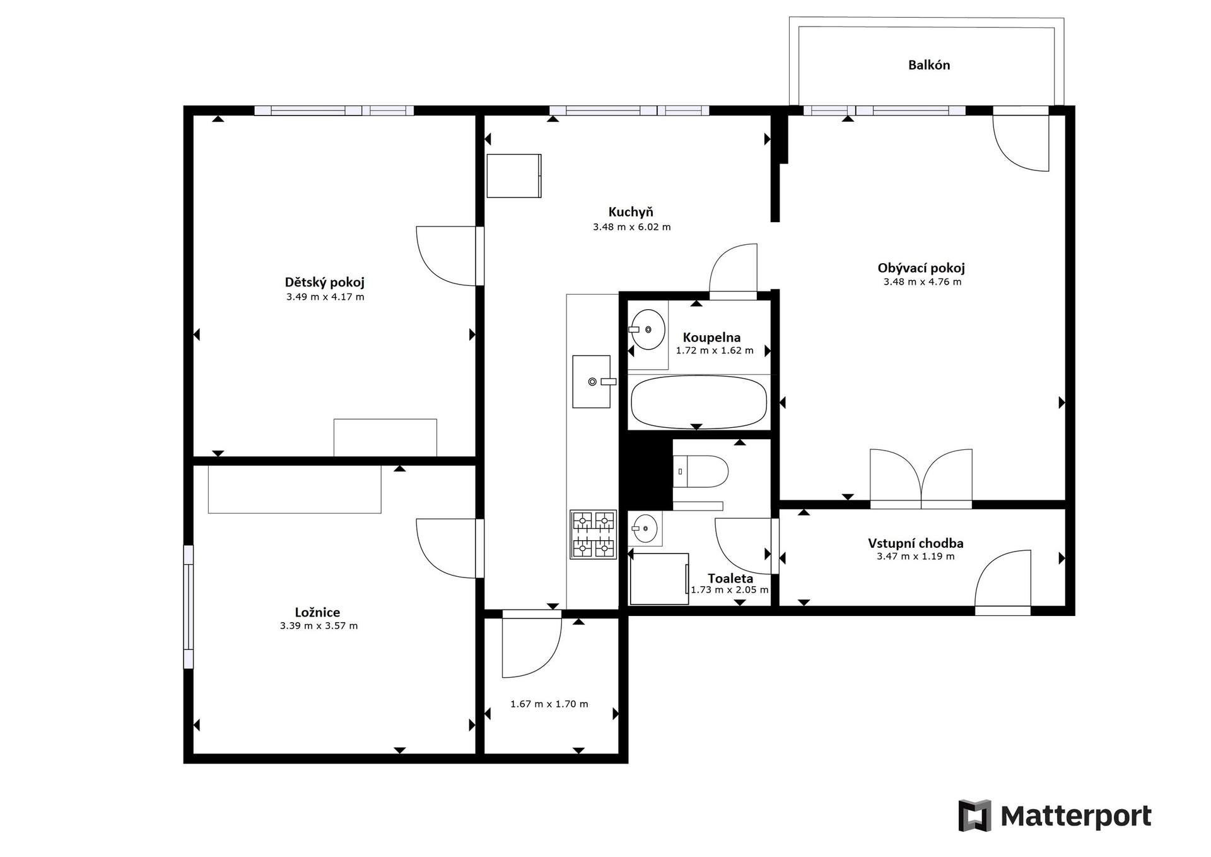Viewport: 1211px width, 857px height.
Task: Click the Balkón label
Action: tap(928, 65)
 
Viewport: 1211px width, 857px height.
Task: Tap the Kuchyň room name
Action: tap(631, 212)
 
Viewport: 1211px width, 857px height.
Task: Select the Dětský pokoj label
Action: tap(325, 283)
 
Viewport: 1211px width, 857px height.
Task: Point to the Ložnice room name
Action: tap(317, 612)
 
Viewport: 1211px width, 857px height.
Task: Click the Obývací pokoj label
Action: tap(921, 268)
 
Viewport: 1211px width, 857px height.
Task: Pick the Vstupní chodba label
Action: tap(916, 543)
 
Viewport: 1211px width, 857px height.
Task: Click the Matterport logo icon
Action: tap(975, 815)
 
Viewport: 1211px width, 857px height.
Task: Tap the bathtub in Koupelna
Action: tap(699, 402)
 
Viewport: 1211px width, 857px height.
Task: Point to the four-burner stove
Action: tap(593, 535)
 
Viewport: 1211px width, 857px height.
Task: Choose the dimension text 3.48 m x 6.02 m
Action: tap(631, 227)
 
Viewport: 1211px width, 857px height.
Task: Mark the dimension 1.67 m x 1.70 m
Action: tap(549, 704)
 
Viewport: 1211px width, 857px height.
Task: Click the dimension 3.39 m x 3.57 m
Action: tap(319, 626)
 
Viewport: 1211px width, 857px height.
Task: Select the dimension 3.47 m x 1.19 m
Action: tap(916, 557)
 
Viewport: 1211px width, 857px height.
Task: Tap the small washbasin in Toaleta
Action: tap(645, 528)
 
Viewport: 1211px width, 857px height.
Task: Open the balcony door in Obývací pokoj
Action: tap(1021, 139)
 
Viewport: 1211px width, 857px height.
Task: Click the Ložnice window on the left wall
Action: tap(189, 606)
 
